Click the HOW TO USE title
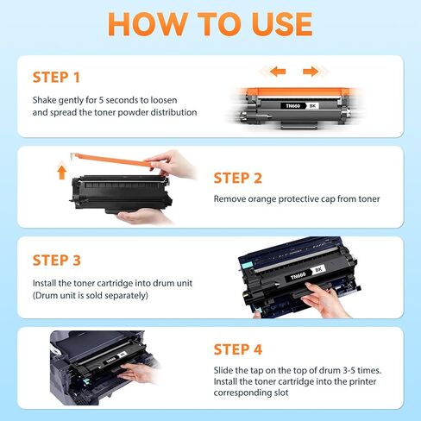210,25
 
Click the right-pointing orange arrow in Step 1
311,71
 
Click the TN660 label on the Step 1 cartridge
292,106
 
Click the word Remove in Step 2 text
231,199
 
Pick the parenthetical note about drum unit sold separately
91,295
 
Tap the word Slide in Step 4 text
224,371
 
